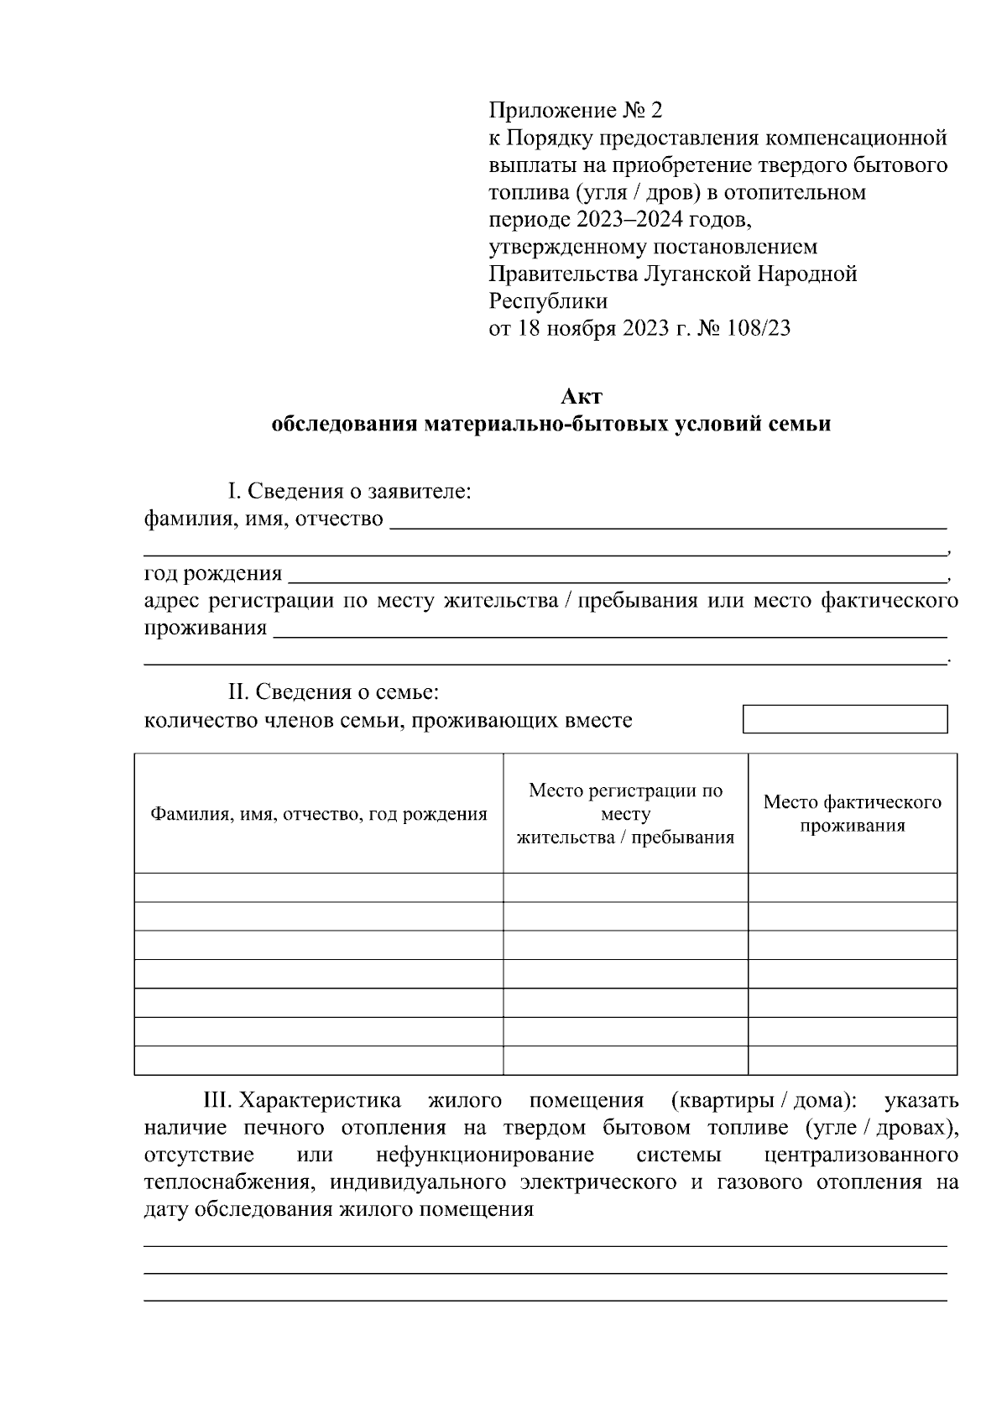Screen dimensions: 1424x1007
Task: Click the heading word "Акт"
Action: (x=581, y=396)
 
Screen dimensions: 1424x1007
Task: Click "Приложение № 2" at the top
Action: (x=575, y=111)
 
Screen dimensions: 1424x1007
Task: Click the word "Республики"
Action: (x=547, y=300)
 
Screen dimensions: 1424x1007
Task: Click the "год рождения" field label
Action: (x=213, y=574)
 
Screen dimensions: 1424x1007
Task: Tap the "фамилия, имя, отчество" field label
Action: (x=263, y=519)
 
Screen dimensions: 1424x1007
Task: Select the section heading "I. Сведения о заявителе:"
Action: (x=350, y=492)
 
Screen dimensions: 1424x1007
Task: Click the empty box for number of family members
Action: (x=845, y=719)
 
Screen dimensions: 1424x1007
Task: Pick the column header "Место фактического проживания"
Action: (x=852, y=813)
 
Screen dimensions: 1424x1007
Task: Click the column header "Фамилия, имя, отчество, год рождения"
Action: (x=319, y=814)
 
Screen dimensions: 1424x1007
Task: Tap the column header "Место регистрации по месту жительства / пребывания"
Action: (x=625, y=814)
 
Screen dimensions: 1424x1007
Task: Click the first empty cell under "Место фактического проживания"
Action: (x=852, y=888)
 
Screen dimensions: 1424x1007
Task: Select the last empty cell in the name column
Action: (x=319, y=1061)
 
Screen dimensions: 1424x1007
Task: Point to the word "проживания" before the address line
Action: (x=206, y=629)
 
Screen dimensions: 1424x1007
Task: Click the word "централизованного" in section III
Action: (x=861, y=1155)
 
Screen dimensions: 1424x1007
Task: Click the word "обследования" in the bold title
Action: (x=345, y=424)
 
